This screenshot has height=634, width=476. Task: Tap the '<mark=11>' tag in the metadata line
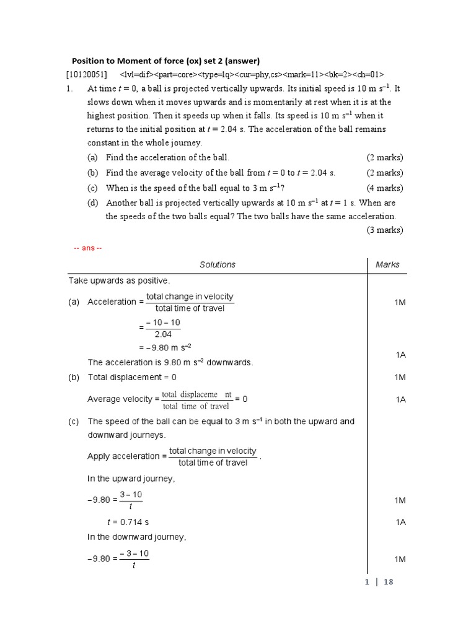point(306,74)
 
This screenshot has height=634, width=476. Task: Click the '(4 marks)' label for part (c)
point(384,188)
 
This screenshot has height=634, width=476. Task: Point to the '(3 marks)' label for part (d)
point(384,230)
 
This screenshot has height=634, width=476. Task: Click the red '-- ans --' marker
point(87,248)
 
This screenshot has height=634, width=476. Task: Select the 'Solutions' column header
point(217,264)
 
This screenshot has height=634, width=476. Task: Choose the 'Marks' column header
point(387,264)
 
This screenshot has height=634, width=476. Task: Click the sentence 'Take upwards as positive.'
point(118,280)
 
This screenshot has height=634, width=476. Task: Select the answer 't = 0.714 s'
point(128,523)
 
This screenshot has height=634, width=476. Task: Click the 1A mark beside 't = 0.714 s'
point(400,523)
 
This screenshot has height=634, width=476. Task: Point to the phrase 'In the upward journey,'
point(131,479)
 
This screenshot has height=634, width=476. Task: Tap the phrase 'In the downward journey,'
point(136,537)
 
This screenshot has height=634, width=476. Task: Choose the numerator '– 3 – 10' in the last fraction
point(134,553)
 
